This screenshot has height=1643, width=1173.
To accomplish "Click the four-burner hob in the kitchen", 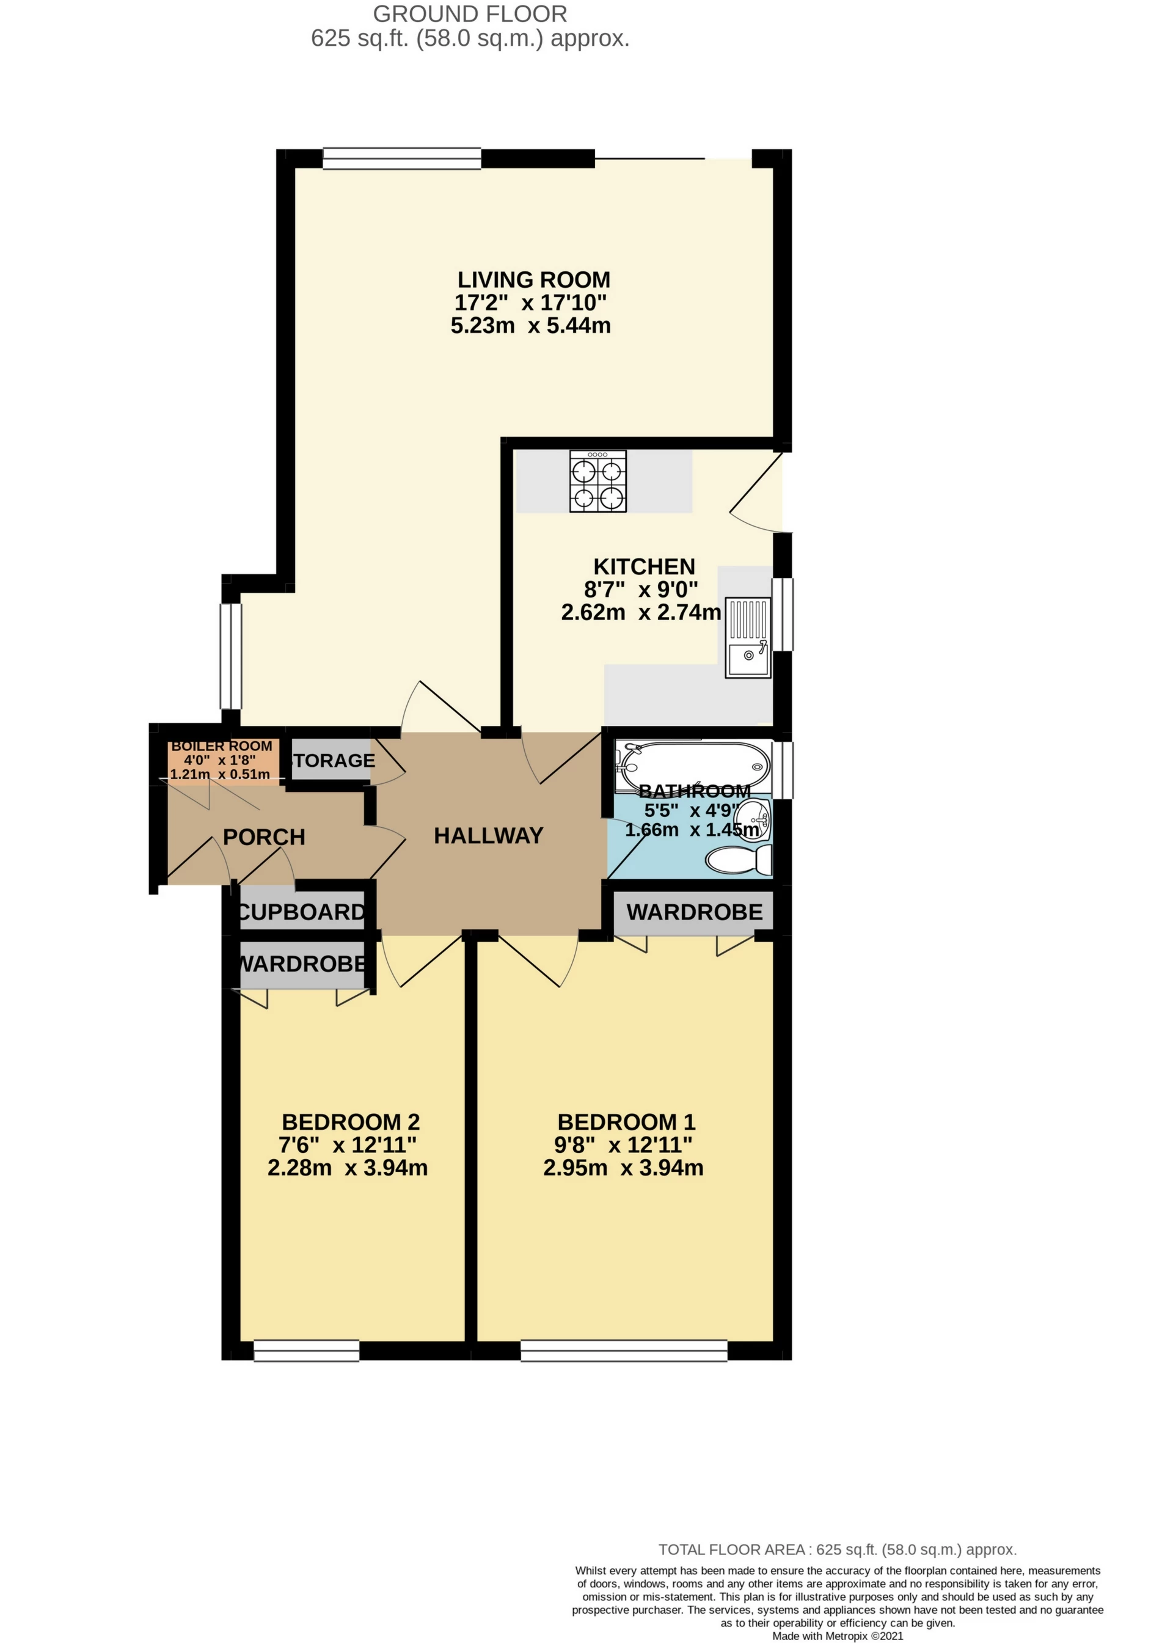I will (597, 481).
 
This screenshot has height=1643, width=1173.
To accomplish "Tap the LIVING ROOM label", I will (533, 279).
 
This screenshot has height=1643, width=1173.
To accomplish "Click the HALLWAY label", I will (488, 836).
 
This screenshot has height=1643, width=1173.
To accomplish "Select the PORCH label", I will (264, 837).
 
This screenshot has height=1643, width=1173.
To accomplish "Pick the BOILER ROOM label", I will (222, 746).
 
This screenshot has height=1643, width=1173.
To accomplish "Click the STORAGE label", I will (332, 761).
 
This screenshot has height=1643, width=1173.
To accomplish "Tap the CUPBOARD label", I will (302, 912).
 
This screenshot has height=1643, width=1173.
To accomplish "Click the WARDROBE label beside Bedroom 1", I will (694, 912).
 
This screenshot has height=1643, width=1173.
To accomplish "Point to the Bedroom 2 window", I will (306, 1350).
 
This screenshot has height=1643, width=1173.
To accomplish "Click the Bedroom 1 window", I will (623, 1350).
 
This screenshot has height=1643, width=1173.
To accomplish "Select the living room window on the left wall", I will (231, 656).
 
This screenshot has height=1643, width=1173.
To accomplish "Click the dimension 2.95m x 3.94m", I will (623, 1168).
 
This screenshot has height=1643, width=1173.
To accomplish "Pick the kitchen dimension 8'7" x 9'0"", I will (641, 589).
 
